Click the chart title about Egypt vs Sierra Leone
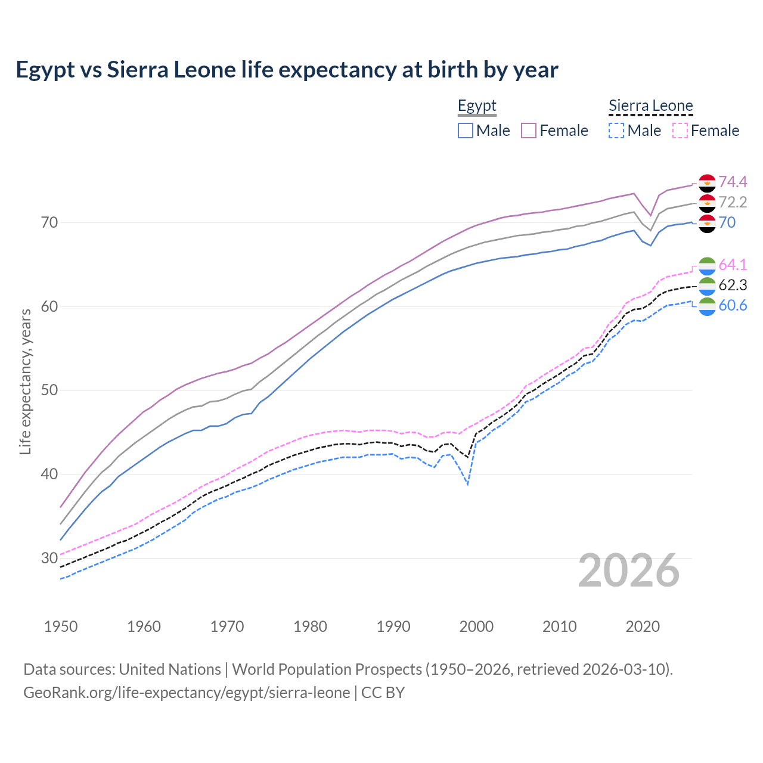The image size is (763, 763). (287, 70)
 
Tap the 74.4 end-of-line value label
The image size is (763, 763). (733, 182)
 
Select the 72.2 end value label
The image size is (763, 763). (733, 202)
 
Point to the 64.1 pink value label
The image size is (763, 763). (733, 265)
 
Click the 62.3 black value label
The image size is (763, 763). (733, 285)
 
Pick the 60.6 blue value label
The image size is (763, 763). (733, 306)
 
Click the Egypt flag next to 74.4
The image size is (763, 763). (707, 182)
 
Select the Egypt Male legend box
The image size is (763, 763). (466, 131)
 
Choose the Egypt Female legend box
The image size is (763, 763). (529, 131)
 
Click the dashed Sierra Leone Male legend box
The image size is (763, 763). (616, 131)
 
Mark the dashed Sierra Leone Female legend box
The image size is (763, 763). (680, 131)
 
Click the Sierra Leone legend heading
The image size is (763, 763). (650, 106)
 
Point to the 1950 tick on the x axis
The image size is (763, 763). (61, 626)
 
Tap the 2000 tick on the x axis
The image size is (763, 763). (476, 626)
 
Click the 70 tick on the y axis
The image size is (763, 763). (49, 223)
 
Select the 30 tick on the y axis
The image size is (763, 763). (49, 559)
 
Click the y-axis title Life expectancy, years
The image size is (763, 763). (26, 381)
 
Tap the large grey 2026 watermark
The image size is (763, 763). (628, 570)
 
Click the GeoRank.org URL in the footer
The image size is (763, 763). (187, 693)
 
